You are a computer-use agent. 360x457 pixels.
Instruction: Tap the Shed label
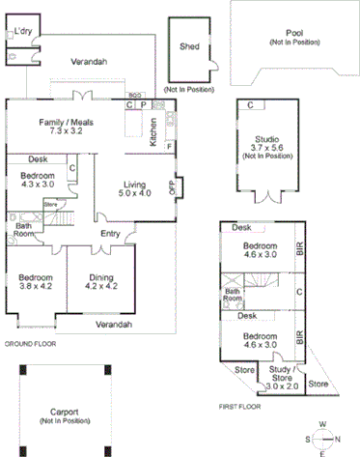(x=190, y=44)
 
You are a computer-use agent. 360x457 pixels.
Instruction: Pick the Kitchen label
(x=153, y=133)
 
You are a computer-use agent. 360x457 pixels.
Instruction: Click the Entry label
(x=110, y=233)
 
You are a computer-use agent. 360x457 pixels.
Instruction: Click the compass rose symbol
(x=323, y=436)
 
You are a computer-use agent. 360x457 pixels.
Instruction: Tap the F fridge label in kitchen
(x=168, y=147)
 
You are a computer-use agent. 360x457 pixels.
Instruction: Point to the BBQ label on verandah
(x=135, y=96)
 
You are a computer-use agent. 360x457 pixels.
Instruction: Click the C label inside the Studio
(x=250, y=104)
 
